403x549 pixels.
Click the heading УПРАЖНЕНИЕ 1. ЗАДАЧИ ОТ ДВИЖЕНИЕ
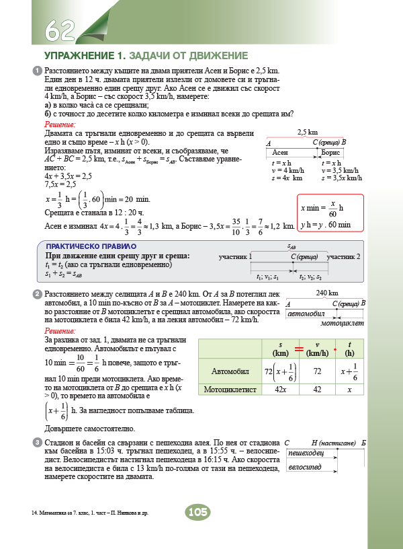point(146,55)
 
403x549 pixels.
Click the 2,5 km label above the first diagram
point(307,133)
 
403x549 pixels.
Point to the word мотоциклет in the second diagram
point(342,323)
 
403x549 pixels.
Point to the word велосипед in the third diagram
point(304,467)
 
